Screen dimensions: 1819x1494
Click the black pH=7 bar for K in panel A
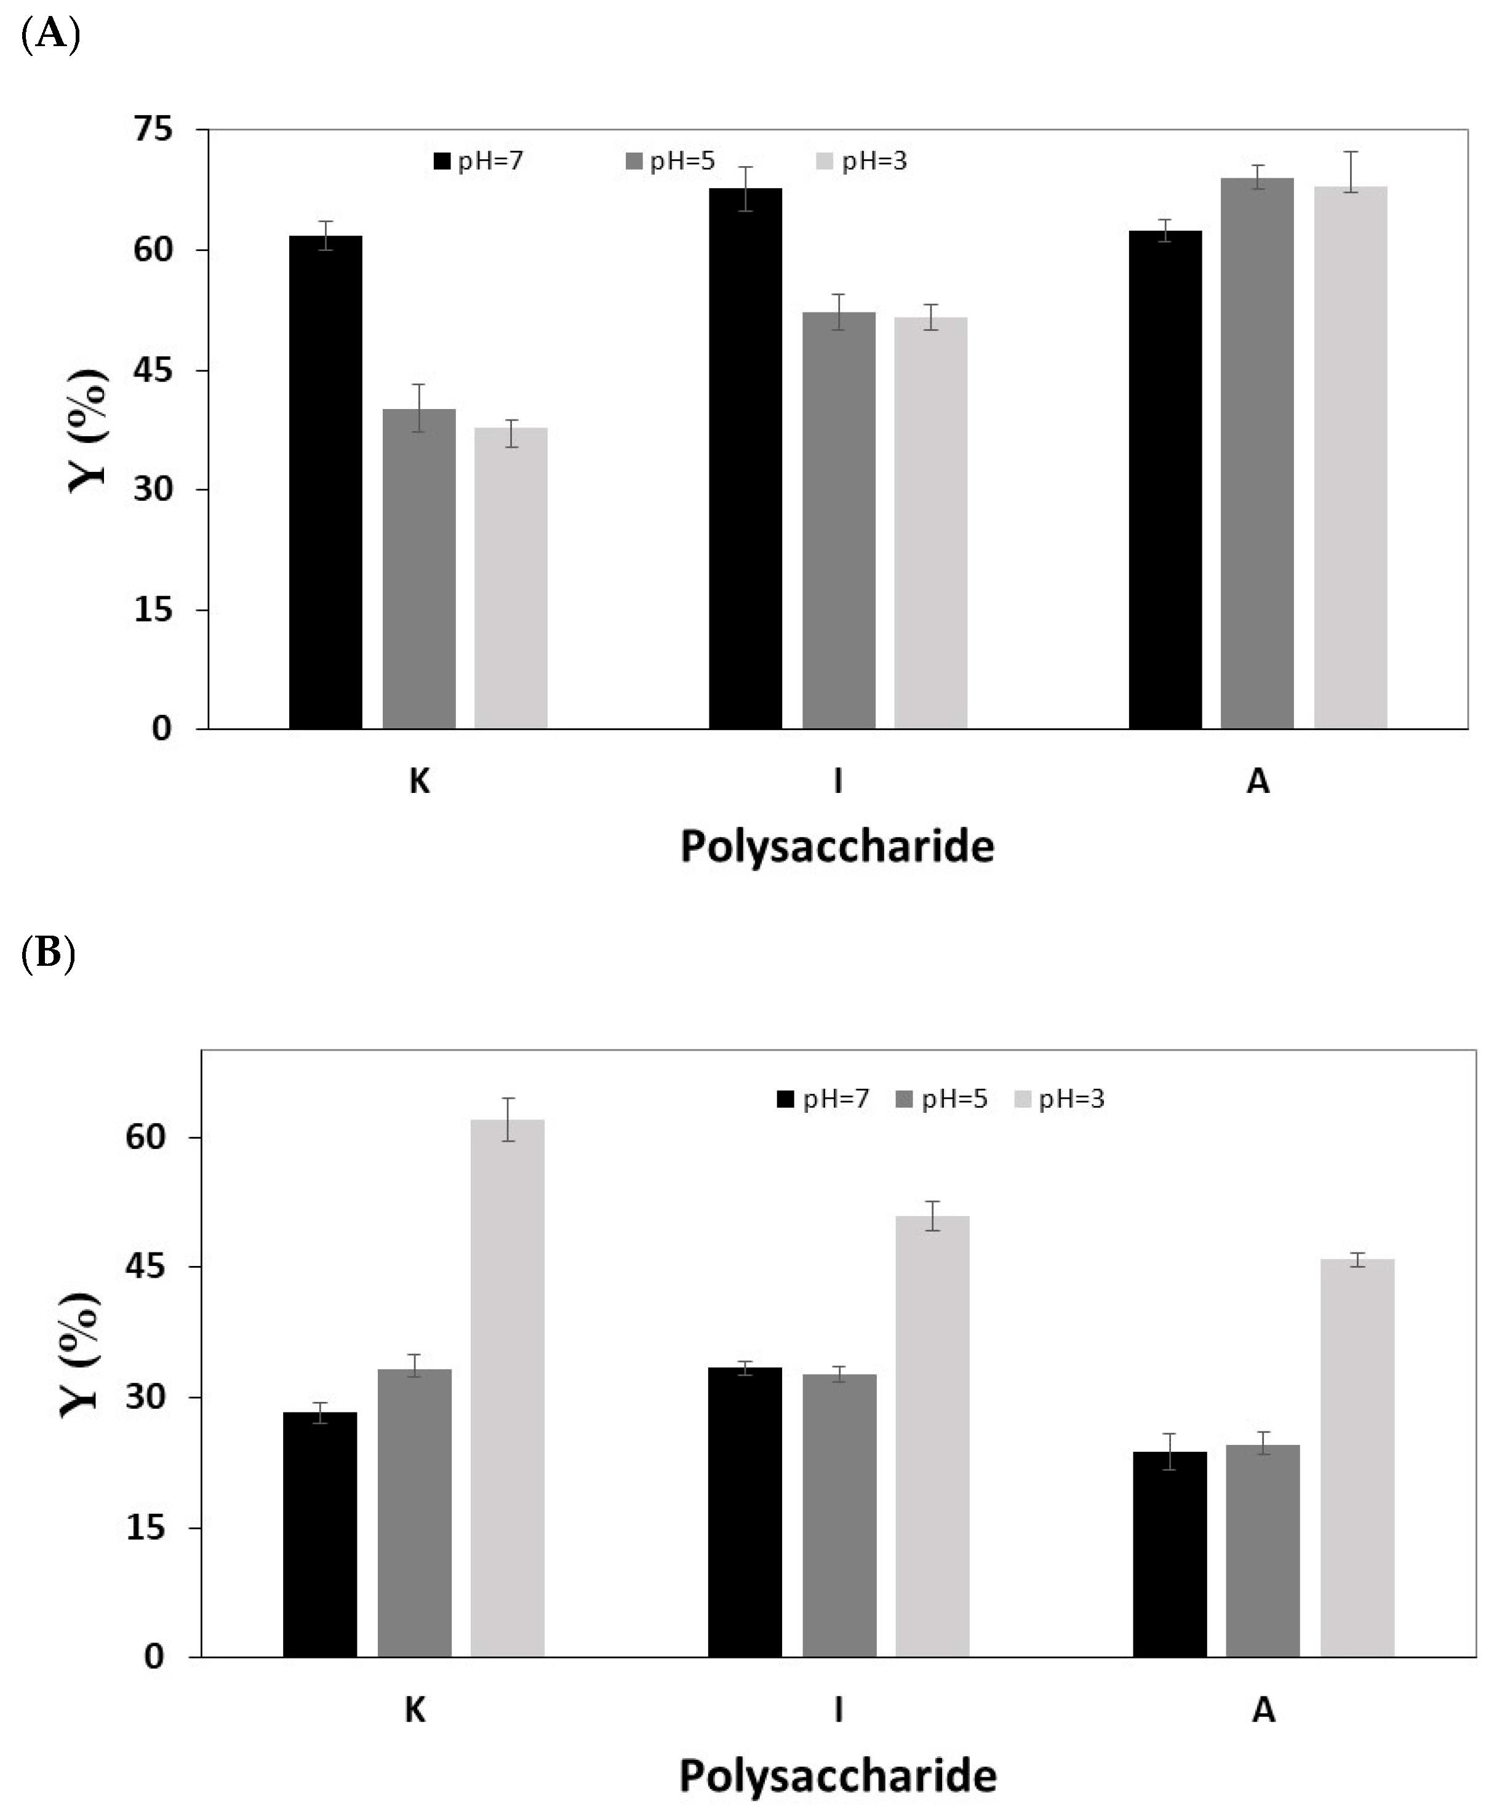pyautogui.click(x=326, y=482)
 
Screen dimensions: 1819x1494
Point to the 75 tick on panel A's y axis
pyautogui.click(x=153, y=129)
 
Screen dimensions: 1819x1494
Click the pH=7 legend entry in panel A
pyautogui.click(x=479, y=161)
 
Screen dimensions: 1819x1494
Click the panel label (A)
pyautogui.click(x=50, y=34)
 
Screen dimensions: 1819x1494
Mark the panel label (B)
pyautogui.click(x=48, y=953)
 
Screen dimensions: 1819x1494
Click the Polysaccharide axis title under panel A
pyautogui.click(x=836, y=846)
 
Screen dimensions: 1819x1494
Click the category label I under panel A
pyautogui.click(x=837, y=781)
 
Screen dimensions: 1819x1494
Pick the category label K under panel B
pyautogui.click(x=415, y=1710)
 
